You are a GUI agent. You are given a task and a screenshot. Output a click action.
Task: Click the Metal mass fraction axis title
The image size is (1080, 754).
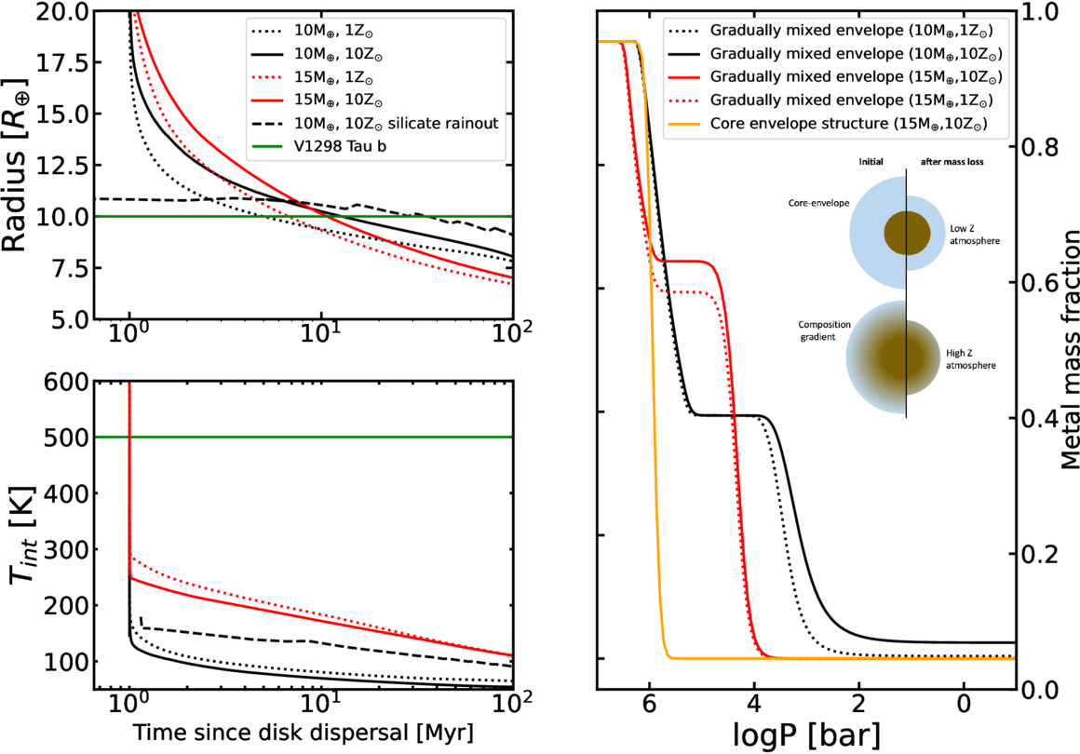click(x=1061, y=349)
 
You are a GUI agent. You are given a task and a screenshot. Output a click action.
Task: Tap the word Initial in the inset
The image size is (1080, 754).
click(x=871, y=160)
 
